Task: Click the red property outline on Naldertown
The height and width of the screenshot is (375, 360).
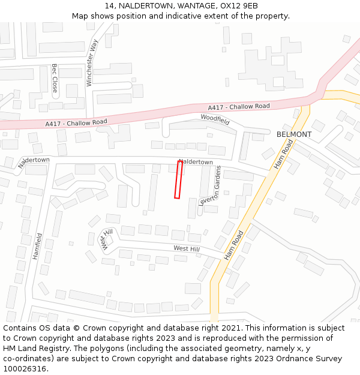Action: (178, 179)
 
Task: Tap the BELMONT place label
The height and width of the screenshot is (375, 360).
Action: (294, 134)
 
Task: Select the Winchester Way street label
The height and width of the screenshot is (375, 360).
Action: (92, 63)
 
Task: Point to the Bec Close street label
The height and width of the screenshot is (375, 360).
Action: (55, 78)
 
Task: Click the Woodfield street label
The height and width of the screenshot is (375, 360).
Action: (215, 119)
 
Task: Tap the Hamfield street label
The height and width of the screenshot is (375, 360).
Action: (37, 246)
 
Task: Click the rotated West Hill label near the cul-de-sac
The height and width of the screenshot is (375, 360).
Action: (107, 239)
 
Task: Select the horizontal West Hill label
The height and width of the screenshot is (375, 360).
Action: (186, 248)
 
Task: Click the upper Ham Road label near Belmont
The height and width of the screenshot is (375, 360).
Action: (284, 154)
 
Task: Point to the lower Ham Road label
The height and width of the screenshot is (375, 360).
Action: (234, 245)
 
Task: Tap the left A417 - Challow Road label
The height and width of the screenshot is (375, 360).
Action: (76, 123)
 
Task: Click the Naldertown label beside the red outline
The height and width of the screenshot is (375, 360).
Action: (197, 162)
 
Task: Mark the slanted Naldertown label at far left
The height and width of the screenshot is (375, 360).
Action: (34, 162)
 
